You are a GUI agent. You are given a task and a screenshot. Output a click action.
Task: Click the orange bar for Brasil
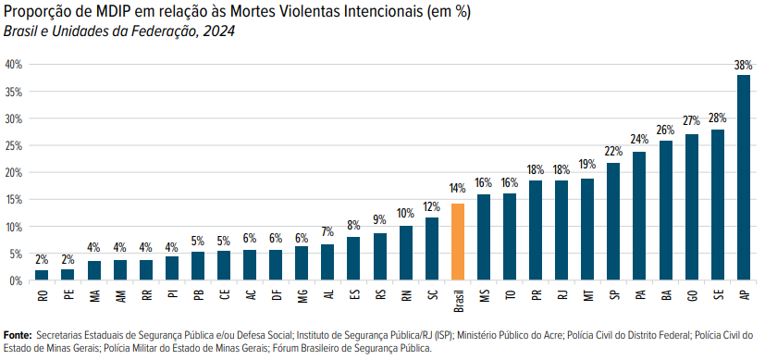(x=458, y=242)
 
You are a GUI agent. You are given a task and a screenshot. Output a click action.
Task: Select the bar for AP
(x=744, y=178)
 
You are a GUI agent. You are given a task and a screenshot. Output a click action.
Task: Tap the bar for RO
(x=42, y=275)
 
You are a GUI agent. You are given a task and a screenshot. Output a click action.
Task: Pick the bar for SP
(x=613, y=221)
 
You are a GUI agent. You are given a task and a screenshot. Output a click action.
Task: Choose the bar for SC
(x=432, y=249)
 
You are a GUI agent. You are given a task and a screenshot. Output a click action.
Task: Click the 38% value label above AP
(x=744, y=65)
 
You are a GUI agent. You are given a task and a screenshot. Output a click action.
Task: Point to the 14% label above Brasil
(x=458, y=188)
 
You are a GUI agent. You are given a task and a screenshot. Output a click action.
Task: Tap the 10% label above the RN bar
(x=406, y=214)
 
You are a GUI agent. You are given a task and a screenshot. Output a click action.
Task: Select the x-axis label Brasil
(x=458, y=302)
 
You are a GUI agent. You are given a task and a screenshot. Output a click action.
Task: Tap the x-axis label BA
(x=665, y=295)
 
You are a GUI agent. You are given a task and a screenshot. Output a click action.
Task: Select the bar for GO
(x=692, y=207)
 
